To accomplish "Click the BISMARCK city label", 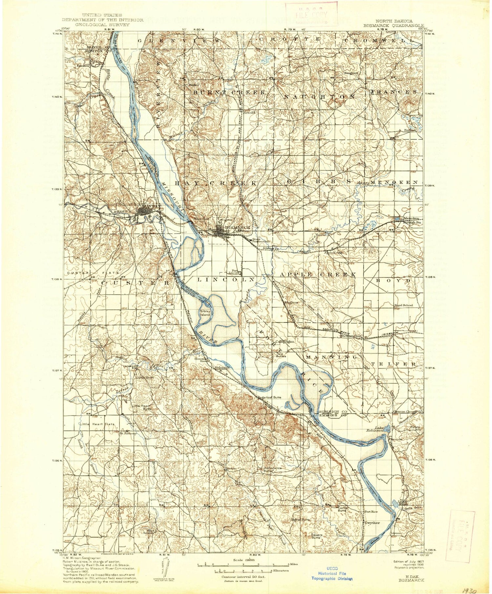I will (x=238, y=227).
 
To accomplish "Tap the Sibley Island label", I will (x=205, y=313).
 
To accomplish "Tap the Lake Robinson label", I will (x=375, y=429).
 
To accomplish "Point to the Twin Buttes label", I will (x=281, y=355).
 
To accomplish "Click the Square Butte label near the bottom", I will (x=317, y=536).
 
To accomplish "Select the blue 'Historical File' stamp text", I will (x=332, y=573).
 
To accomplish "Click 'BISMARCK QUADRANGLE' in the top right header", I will (x=393, y=25).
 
